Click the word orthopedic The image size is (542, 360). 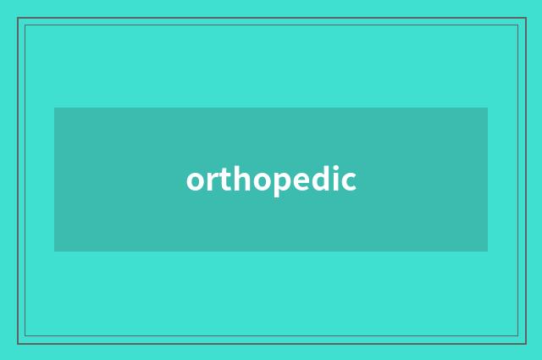(271, 180)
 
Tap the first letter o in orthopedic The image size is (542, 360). (196, 181)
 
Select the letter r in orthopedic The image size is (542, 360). (212, 180)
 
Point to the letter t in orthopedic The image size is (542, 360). (224, 180)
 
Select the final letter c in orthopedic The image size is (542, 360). (347, 181)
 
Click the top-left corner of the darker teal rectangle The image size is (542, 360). (54, 108)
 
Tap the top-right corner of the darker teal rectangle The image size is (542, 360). (488, 108)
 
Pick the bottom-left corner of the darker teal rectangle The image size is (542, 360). (54, 252)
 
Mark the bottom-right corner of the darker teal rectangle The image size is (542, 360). (488, 252)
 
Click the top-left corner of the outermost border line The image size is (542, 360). (18, 18)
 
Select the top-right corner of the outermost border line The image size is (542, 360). (525, 18)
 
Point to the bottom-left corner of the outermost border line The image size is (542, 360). (18, 343)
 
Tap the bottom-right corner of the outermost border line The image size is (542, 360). (525, 343)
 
